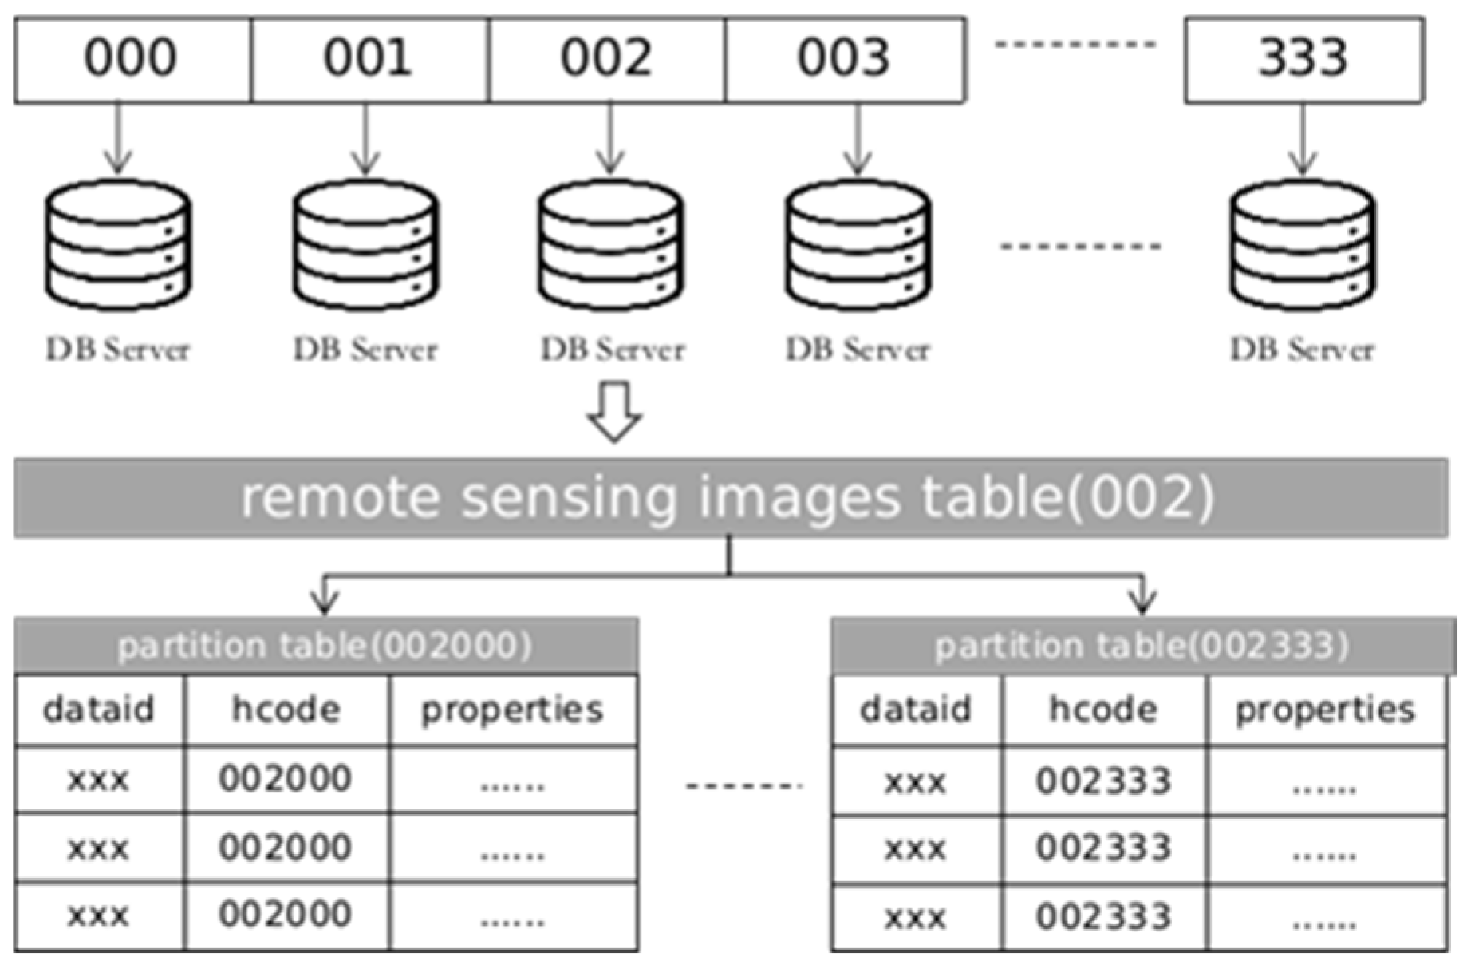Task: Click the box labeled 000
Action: point(132,59)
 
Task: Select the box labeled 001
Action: point(369,59)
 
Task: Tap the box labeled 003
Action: point(845,59)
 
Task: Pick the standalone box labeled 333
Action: point(1304,59)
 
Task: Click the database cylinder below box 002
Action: point(610,245)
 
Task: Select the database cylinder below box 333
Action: point(1303,245)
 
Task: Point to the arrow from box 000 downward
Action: point(118,139)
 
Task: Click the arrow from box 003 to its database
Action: point(858,139)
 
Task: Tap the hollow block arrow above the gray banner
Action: point(613,412)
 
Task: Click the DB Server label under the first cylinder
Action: point(118,350)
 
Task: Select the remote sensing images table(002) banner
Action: point(730,497)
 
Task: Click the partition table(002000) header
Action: point(325,646)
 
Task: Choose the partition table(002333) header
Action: point(1142,646)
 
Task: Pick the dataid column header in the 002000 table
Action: point(99,710)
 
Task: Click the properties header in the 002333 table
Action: point(1326,710)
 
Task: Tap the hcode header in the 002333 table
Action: point(1103,710)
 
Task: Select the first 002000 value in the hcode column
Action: point(286,779)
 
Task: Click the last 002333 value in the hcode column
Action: point(1103,917)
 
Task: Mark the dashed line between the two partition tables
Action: point(743,786)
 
